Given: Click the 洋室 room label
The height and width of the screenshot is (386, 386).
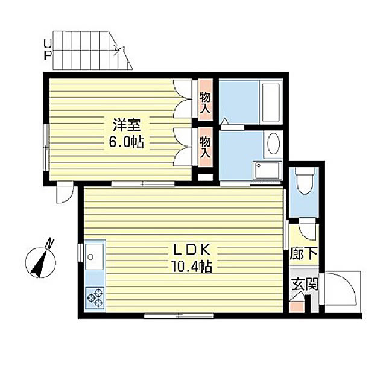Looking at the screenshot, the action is click(127, 125).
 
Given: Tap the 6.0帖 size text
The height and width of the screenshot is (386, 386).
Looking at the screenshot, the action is click(126, 142).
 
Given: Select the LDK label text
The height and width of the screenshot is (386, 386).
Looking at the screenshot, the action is click(192, 250).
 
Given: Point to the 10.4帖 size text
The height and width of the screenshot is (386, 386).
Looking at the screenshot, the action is click(192, 267).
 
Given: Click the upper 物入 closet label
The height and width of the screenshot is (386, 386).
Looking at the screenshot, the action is click(205, 103).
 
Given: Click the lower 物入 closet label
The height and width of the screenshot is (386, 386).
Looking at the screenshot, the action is click(205, 147).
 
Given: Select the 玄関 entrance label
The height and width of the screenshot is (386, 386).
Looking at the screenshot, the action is click(305, 284).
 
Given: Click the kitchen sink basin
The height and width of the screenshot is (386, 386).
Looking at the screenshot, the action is click(95, 257).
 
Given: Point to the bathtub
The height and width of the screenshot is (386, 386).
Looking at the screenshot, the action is click(271, 103).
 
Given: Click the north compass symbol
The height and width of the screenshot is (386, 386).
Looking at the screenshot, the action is click(40, 262).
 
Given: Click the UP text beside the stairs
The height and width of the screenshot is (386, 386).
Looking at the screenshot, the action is click(48, 50).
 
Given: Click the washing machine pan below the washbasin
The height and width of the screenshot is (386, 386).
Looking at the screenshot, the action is click(268, 170).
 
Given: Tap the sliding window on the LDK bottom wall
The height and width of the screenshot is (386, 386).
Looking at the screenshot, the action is click(179, 315).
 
